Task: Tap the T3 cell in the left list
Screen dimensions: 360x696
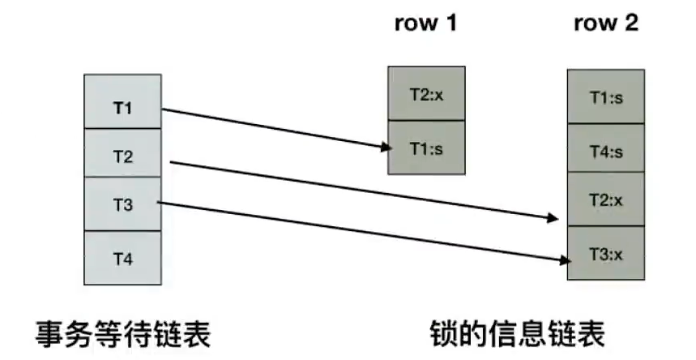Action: (x=123, y=204)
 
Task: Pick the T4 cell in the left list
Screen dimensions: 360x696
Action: (x=123, y=257)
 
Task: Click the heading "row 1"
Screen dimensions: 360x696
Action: (x=425, y=23)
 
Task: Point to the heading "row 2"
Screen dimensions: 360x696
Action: (x=606, y=23)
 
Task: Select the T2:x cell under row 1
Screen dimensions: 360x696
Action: (x=426, y=94)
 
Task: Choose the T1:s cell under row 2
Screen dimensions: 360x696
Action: (x=606, y=98)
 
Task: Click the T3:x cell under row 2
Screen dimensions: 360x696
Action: (x=606, y=254)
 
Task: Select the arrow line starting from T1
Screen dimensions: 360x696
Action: (x=275, y=128)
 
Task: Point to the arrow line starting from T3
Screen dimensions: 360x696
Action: (x=365, y=232)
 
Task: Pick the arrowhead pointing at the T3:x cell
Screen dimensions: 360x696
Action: (x=559, y=259)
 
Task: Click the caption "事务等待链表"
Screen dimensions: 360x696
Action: (x=122, y=332)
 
